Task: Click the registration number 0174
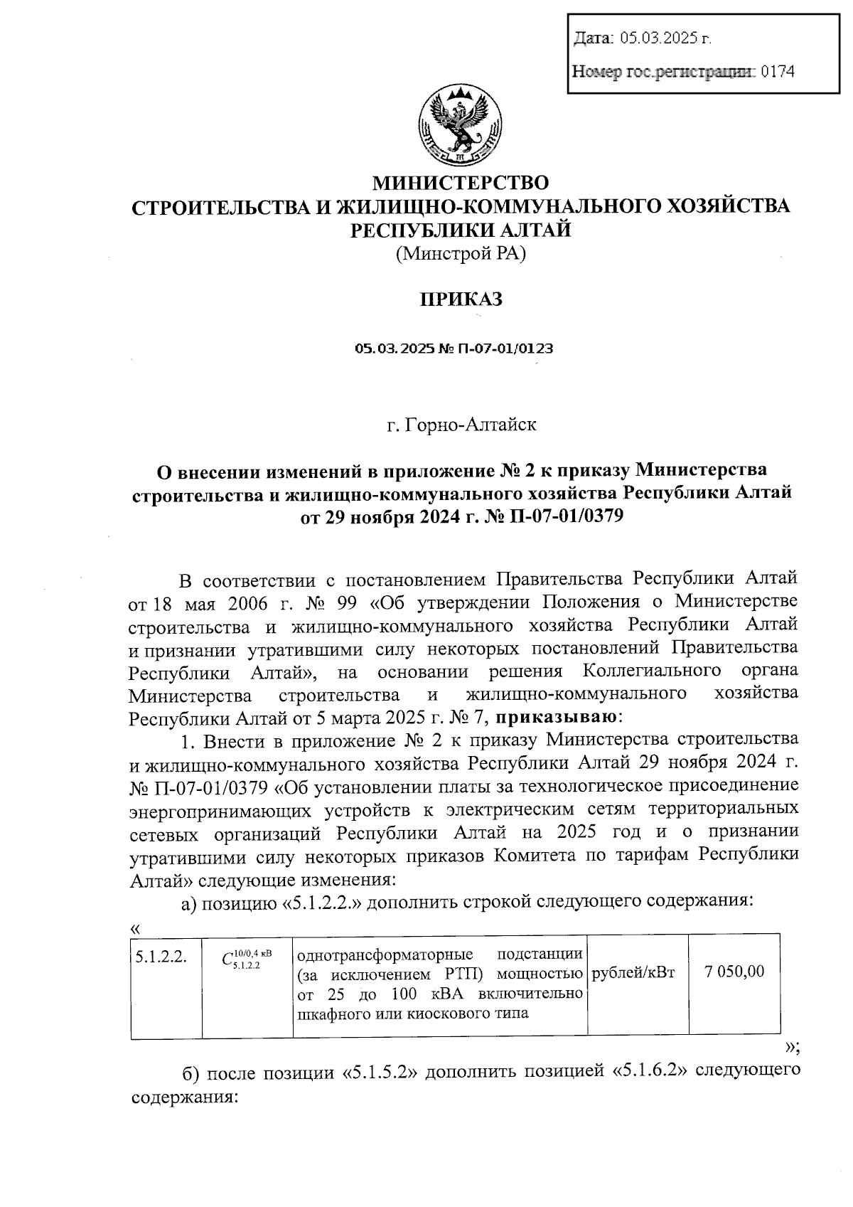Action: [x=777, y=71]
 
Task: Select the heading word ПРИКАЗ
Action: [x=460, y=299]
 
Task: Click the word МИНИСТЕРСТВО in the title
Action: [x=461, y=184]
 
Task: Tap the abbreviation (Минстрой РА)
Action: [x=461, y=253]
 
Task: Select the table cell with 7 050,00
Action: [x=734, y=972]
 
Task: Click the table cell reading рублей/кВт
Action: [x=633, y=972]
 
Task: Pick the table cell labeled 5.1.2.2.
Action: [x=161, y=957]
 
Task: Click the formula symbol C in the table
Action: [x=227, y=959]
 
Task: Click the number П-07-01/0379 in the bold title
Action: [x=567, y=516]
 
